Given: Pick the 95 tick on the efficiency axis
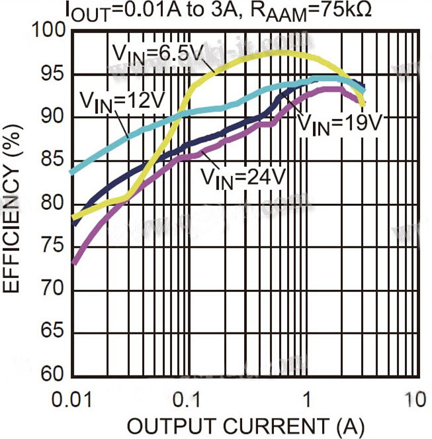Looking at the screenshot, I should tap(52, 74).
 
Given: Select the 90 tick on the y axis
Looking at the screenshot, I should tap(52, 117).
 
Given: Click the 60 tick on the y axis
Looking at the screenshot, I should tap(52, 375).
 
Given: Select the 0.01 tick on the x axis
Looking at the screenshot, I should tap(69, 400).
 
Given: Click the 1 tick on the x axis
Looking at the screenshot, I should tap(306, 400).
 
